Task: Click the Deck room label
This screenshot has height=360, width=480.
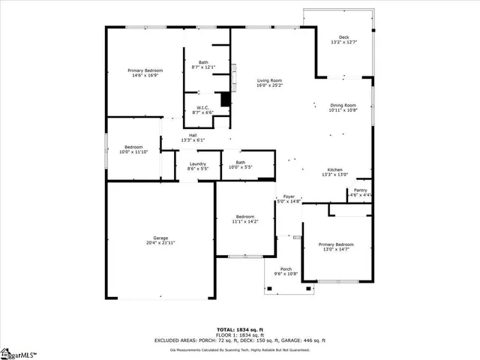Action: tap(344, 37)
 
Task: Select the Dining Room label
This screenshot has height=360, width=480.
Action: tap(343, 105)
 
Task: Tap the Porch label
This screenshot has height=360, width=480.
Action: tap(286, 269)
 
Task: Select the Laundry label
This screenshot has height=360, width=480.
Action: tap(197, 163)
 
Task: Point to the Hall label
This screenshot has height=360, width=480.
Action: tap(193, 135)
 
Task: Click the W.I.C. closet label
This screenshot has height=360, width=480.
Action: tap(202, 107)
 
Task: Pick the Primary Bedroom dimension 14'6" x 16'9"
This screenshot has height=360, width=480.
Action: tap(145, 75)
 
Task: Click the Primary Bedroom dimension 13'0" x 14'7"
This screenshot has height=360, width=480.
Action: tap(335, 250)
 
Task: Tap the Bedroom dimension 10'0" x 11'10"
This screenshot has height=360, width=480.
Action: tap(133, 151)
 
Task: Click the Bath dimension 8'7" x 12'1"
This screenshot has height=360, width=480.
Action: tap(203, 67)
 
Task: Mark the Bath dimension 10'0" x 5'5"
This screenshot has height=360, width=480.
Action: tap(240, 167)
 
